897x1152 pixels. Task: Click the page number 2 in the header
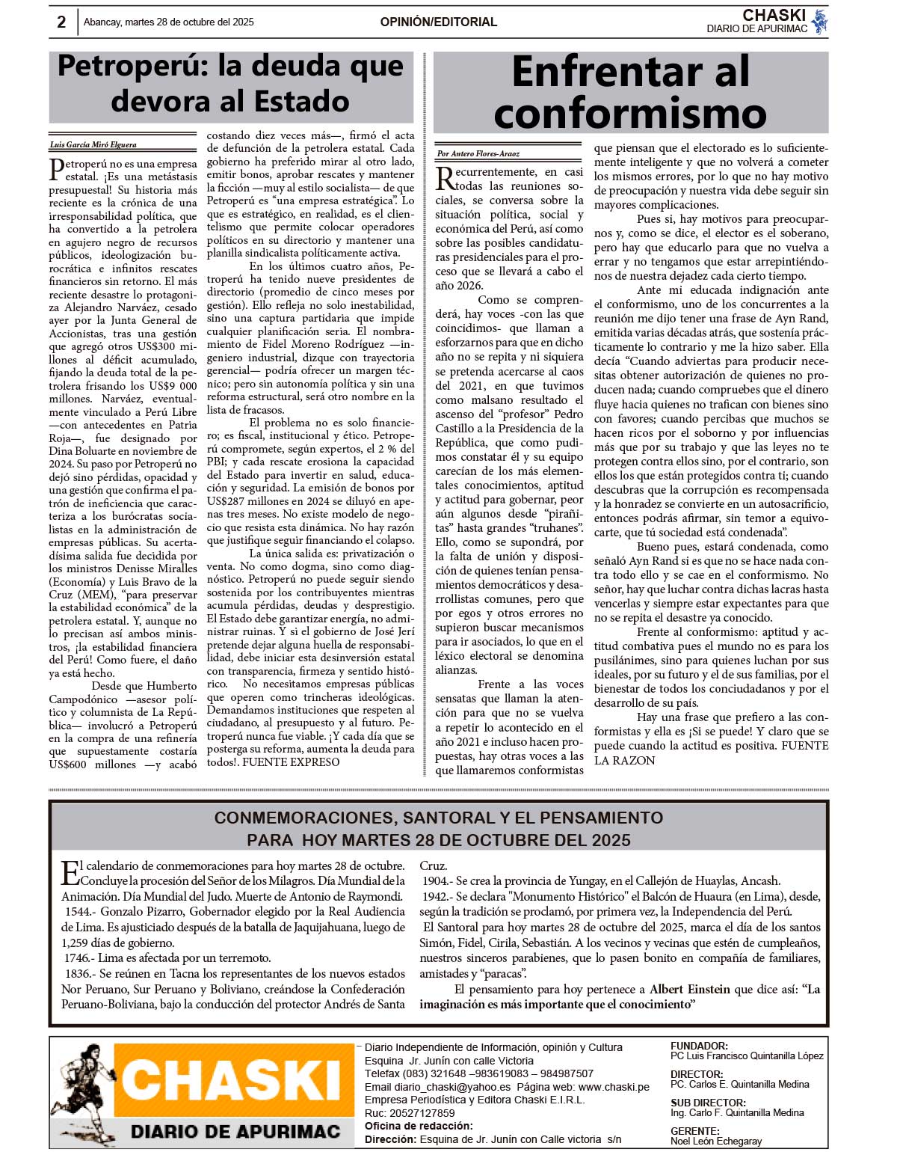point(61,22)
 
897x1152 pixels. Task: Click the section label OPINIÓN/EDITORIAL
point(438,22)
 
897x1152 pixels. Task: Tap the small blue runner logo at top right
point(820,22)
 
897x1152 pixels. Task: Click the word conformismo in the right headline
point(630,114)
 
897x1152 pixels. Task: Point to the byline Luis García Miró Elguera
point(93,144)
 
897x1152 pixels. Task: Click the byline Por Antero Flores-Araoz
point(478,153)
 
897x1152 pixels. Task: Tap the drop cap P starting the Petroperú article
point(57,169)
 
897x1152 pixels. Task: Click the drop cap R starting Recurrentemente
point(445,178)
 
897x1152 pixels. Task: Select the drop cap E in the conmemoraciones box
point(70,872)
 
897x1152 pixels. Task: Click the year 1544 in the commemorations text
point(78,912)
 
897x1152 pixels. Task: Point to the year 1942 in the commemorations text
point(436,896)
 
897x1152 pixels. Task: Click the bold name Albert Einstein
point(689,989)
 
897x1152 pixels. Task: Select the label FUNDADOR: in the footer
point(699,1046)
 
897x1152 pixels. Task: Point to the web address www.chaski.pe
point(614,1087)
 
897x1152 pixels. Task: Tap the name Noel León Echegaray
point(716,1142)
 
